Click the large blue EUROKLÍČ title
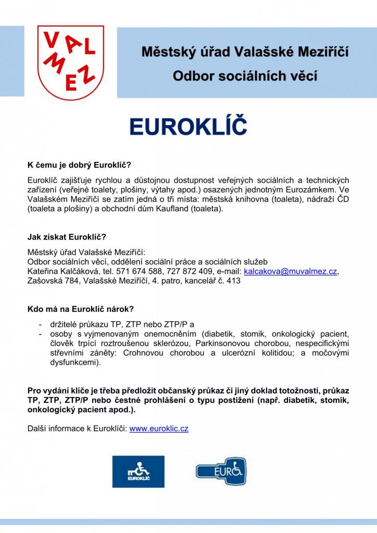pyautogui.click(x=188, y=126)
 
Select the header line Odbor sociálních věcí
pyautogui.click(x=245, y=77)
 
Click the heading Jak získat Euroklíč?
pyautogui.click(x=67, y=237)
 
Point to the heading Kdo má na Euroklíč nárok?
pyautogui.click(x=81, y=309)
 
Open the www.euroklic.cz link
pyautogui.click(x=159, y=429)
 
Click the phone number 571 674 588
pyautogui.click(x=139, y=271)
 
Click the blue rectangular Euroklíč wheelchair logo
pyautogui.click(x=138, y=472)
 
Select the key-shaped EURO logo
pyautogui.click(x=221, y=471)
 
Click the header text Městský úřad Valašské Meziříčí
pyautogui.click(x=245, y=52)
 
